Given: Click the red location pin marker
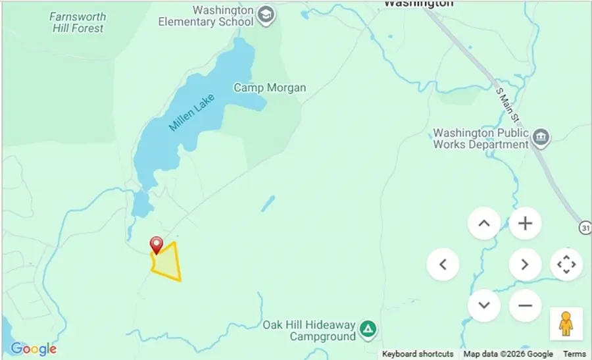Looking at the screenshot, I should [157, 245].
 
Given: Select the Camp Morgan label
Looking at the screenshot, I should [270, 88].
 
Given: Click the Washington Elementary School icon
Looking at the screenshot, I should [265, 16].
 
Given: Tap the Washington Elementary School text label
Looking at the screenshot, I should [205, 16].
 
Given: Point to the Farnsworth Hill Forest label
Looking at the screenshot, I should [77, 22].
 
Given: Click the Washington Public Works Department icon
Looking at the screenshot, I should [541, 138].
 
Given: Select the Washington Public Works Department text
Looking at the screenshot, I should [481, 138].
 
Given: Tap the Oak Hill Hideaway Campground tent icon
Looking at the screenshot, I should [369, 328].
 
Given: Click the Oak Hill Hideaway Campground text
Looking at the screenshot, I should [309, 330].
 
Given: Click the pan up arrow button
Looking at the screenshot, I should [484, 224].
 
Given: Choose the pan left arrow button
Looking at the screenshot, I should [443, 265].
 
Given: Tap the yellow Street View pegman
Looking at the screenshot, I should [566, 324].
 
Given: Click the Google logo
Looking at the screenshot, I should [34, 349].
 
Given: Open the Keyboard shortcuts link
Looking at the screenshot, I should [418, 354].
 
